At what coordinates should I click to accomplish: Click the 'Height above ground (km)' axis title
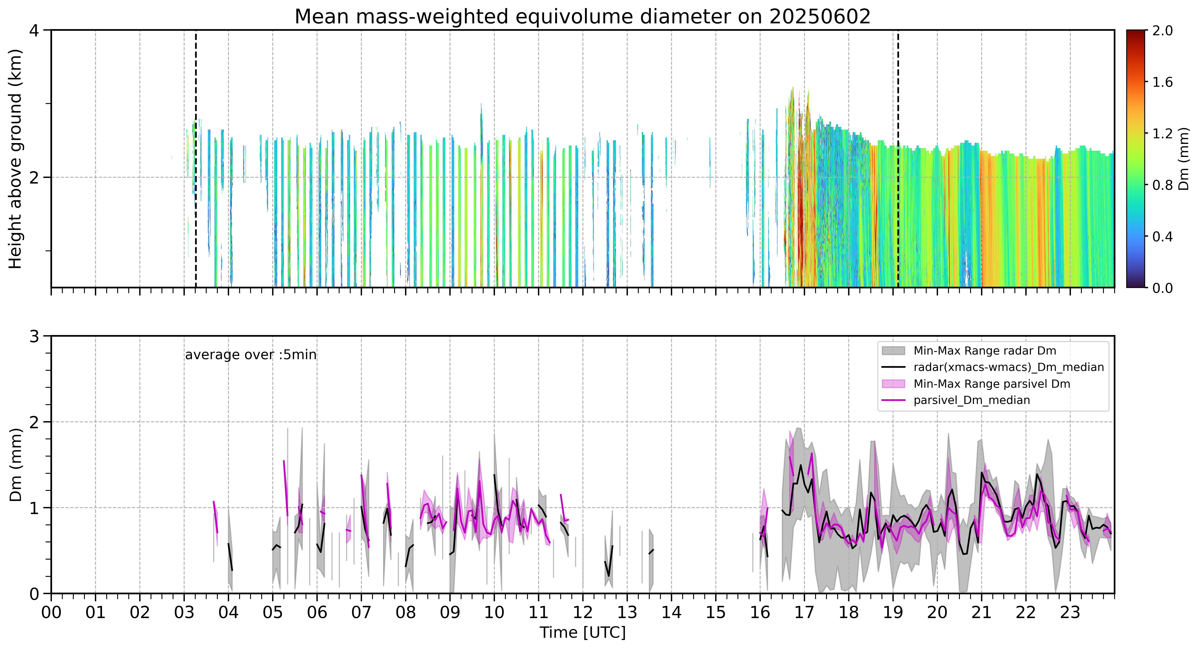pos(16,159)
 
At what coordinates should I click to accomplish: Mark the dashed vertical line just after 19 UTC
pos(898,159)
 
